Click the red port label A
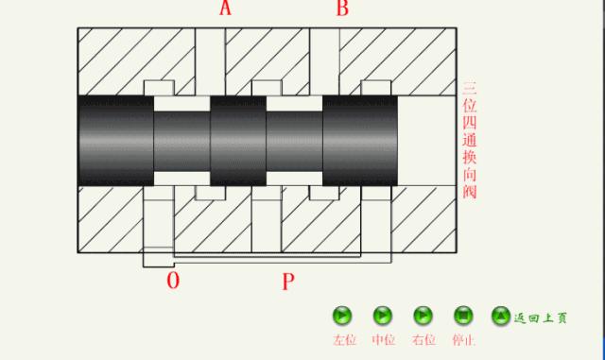coord(225,8)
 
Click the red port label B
coord(342,8)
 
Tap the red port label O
coord(173,280)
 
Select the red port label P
coord(288,282)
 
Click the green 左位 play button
coord(342,316)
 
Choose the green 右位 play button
coord(423,316)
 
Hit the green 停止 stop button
coord(463,316)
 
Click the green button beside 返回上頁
coord(501,316)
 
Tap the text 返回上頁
coord(540,317)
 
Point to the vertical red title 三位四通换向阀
coord(470,140)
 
